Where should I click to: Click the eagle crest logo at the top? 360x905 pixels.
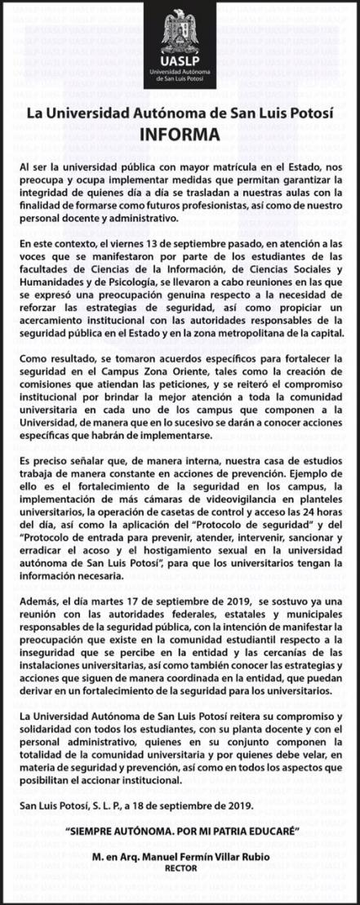pyautogui.click(x=180, y=33)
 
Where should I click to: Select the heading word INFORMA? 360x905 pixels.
pyautogui.click(x=180, y=134)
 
